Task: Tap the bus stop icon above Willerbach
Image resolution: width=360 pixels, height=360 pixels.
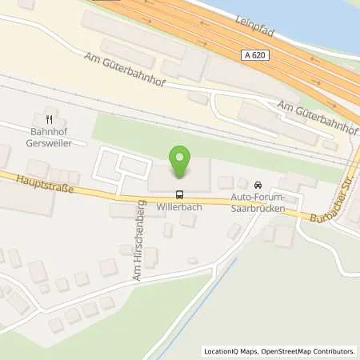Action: (x=179, y=194)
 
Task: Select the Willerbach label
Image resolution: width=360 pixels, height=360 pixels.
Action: (x=180, y=206)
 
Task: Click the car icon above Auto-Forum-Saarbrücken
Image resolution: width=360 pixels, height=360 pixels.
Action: (x=258, y=185)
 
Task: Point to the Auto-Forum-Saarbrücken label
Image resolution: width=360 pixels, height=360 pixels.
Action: (x=258, y=201)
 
